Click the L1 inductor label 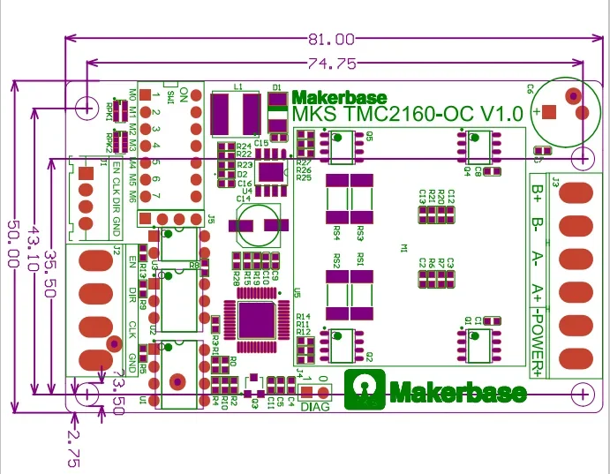click(x=238, y=87)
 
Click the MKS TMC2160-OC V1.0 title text click(x=407, y=114)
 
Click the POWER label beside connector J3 click(x=537, y=340)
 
